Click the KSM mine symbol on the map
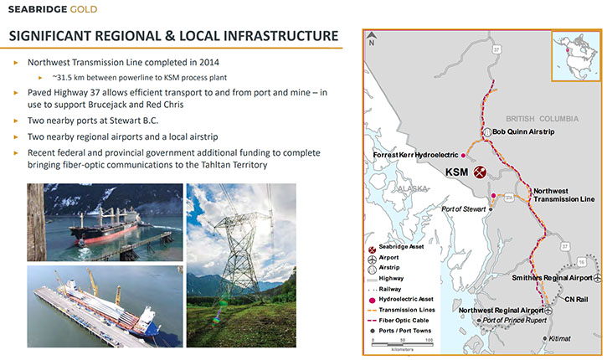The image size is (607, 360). coord(480,172)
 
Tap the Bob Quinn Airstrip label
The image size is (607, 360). coord(523,131)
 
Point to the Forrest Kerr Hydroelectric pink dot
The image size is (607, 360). coord(463,155)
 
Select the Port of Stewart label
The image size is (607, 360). coord(463,209)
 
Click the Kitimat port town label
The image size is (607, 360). coord(559,338)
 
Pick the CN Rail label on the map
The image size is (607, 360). coord(576,299)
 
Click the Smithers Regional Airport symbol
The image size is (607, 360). coord(598,278)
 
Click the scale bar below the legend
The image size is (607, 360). coord(403,344)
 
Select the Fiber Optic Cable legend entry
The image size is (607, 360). coord(398,321)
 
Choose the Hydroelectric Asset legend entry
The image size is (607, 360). coord(400,299)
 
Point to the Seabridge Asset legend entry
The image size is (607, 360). coord(396,247)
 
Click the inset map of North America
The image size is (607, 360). coord(576,56)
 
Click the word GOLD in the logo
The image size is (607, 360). coord(84,9)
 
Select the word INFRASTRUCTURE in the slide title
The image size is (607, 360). coord(280,36)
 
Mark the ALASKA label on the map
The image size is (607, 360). coord(413,188)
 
